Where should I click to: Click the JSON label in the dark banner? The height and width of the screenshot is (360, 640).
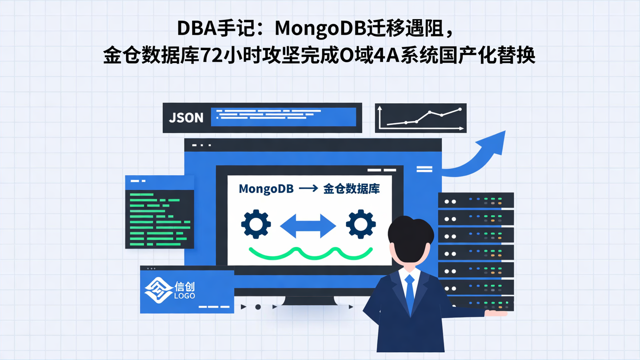186,118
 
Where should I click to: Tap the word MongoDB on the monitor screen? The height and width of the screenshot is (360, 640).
266,188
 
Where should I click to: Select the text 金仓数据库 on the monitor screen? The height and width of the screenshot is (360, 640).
352,188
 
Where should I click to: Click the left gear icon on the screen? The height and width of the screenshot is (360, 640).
256,224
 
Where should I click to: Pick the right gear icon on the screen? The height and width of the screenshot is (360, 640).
360,224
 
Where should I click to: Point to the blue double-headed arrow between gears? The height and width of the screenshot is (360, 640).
308,225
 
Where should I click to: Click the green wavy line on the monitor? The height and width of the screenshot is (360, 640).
310,253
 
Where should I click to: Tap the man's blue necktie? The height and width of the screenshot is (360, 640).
410,291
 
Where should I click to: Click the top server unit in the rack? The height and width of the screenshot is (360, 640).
476,200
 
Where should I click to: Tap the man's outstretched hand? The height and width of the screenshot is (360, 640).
496,313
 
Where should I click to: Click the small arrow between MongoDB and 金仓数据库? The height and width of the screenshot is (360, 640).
308,188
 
